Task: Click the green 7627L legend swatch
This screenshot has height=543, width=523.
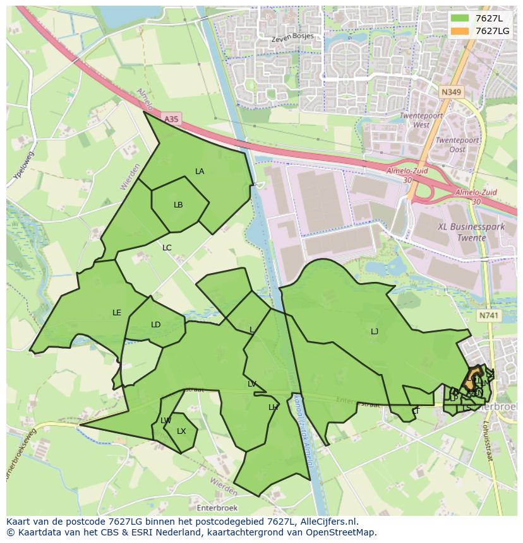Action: coord(460,18)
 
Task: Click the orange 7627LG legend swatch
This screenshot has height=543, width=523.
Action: coord(460,31)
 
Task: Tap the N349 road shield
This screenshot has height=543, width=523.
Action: coord(451,92)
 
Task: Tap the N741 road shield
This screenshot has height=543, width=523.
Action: coord(488,315)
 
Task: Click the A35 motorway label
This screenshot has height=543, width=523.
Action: coord(171,119)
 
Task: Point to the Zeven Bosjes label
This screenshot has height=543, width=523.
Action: coord(292,37)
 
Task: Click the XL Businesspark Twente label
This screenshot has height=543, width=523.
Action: coord(462,232)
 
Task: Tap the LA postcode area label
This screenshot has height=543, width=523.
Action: coord(200,172)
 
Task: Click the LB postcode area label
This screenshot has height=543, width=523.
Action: coord(178,205)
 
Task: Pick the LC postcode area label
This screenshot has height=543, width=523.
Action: coord(167,248)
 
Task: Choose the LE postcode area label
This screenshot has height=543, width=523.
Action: coord(117,313)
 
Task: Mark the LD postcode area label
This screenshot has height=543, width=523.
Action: coord(156,325)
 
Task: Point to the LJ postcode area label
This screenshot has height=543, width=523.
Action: coord(375,332)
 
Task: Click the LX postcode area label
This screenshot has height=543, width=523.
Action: coord(181,431)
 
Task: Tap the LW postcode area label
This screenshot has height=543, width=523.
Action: coord(165,421)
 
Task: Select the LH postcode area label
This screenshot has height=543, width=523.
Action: coord(273,407)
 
